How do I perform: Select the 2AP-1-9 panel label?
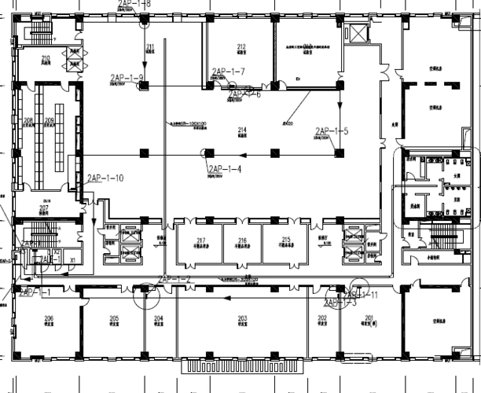126,77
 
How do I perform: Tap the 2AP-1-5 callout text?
331,131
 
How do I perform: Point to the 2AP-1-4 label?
224,168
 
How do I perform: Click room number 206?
49,318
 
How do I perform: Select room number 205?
114,318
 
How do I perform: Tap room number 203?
242,318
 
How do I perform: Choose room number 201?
369,318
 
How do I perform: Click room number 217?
201,240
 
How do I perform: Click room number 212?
241,46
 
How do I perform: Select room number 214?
242,129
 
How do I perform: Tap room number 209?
50,120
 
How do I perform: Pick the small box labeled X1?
72,257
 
